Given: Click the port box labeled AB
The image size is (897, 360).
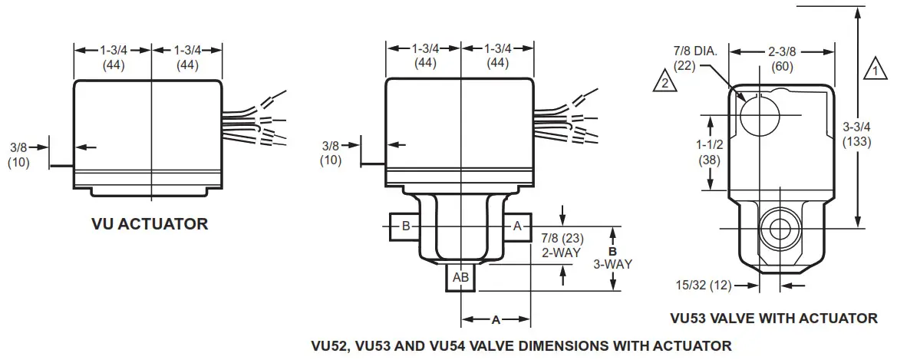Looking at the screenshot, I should point(460,277).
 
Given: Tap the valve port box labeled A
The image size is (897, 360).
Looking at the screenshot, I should point(516,226).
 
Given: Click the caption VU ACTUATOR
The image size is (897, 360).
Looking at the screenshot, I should point(150,224).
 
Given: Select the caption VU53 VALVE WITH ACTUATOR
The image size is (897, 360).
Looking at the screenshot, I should point(773,318).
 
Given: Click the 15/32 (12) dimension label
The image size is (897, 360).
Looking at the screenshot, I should point(704,284).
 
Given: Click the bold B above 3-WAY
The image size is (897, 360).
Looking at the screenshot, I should point(612,250).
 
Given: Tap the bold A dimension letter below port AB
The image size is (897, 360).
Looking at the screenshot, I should point(495,319).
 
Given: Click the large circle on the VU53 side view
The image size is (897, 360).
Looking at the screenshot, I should point(760,115).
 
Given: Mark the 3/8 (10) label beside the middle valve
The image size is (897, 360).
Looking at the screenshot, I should point(331,154).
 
